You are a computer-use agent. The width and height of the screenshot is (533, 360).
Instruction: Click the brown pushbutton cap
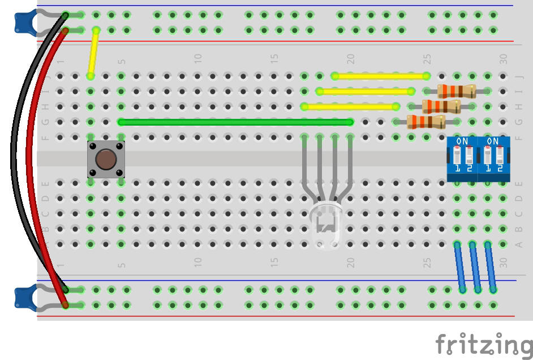point(105,160)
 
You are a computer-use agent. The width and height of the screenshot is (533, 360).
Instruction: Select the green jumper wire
point(235,122)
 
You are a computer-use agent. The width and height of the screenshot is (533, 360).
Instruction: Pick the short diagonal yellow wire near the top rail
point(93,53)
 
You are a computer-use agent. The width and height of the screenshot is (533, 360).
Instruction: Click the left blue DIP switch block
point(462,159)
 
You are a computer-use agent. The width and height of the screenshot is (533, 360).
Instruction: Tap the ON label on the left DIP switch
point(462,141)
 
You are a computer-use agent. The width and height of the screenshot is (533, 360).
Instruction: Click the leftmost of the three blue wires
point(460,267)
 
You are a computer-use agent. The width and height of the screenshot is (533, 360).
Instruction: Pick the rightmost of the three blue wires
point(491,267)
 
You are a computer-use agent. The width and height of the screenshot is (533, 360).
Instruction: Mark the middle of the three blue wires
point(475,267)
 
